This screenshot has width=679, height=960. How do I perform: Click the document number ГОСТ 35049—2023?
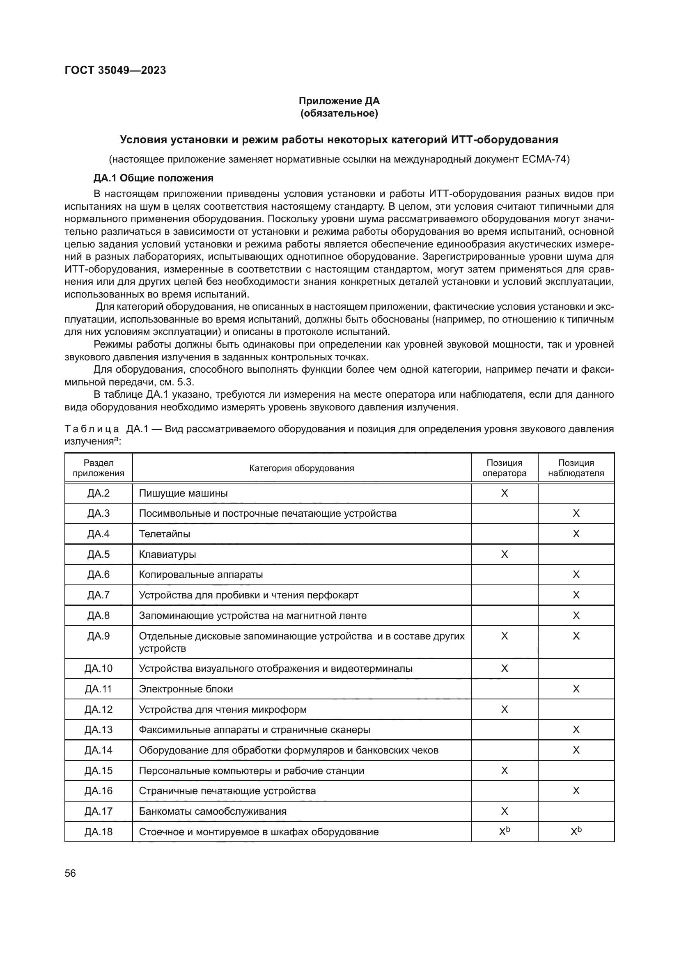[115, 70]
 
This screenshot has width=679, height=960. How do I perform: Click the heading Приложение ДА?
[339, 101]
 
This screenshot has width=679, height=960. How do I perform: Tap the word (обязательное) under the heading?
[339, 113]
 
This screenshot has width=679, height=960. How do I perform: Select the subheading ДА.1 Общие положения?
[153, 178]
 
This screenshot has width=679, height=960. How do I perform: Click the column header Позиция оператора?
[504, 468]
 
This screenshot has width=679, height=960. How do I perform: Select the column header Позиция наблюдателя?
[576, 468]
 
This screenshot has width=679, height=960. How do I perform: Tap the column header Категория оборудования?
[301, 468]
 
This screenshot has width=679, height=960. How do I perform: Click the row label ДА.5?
[99, 554]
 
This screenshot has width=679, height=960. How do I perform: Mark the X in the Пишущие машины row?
[504, 493]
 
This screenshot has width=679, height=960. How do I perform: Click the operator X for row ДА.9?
[504, 636]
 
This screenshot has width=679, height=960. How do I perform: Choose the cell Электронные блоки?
[186, 689]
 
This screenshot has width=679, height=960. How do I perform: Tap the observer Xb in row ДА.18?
[576, 832]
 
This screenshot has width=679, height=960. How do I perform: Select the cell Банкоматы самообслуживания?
[212, 811]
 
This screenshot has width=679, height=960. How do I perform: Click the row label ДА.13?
[99, 730]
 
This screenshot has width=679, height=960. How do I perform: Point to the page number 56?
[70, 873]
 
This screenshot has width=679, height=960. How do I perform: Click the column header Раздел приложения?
[99, 468]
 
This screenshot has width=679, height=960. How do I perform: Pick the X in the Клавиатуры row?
[504, 554]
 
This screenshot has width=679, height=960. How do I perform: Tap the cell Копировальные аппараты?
[201, 575]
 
